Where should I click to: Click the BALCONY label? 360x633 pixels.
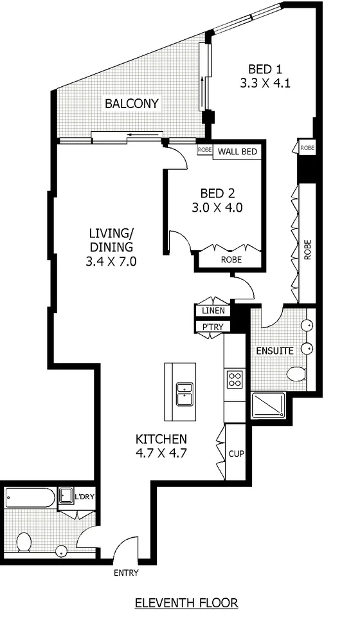coord(132,104)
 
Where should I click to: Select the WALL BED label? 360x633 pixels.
coord(238,152)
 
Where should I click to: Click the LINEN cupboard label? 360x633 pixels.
coord(213,311)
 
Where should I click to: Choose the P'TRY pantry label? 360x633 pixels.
coord(213,326)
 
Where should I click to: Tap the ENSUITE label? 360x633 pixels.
coord(274,351)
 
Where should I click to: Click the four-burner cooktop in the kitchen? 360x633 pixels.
coord(235,379)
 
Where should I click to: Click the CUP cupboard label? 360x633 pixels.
coord(236,454)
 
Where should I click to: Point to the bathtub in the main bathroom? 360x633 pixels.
coord(30,497)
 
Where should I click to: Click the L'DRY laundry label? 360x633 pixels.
coord(84,497)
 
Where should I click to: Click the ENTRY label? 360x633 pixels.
coord(125,573)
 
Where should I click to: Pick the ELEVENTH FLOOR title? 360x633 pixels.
coord(186,603)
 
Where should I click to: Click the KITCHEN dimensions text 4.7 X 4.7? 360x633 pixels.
coord(161,452)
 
